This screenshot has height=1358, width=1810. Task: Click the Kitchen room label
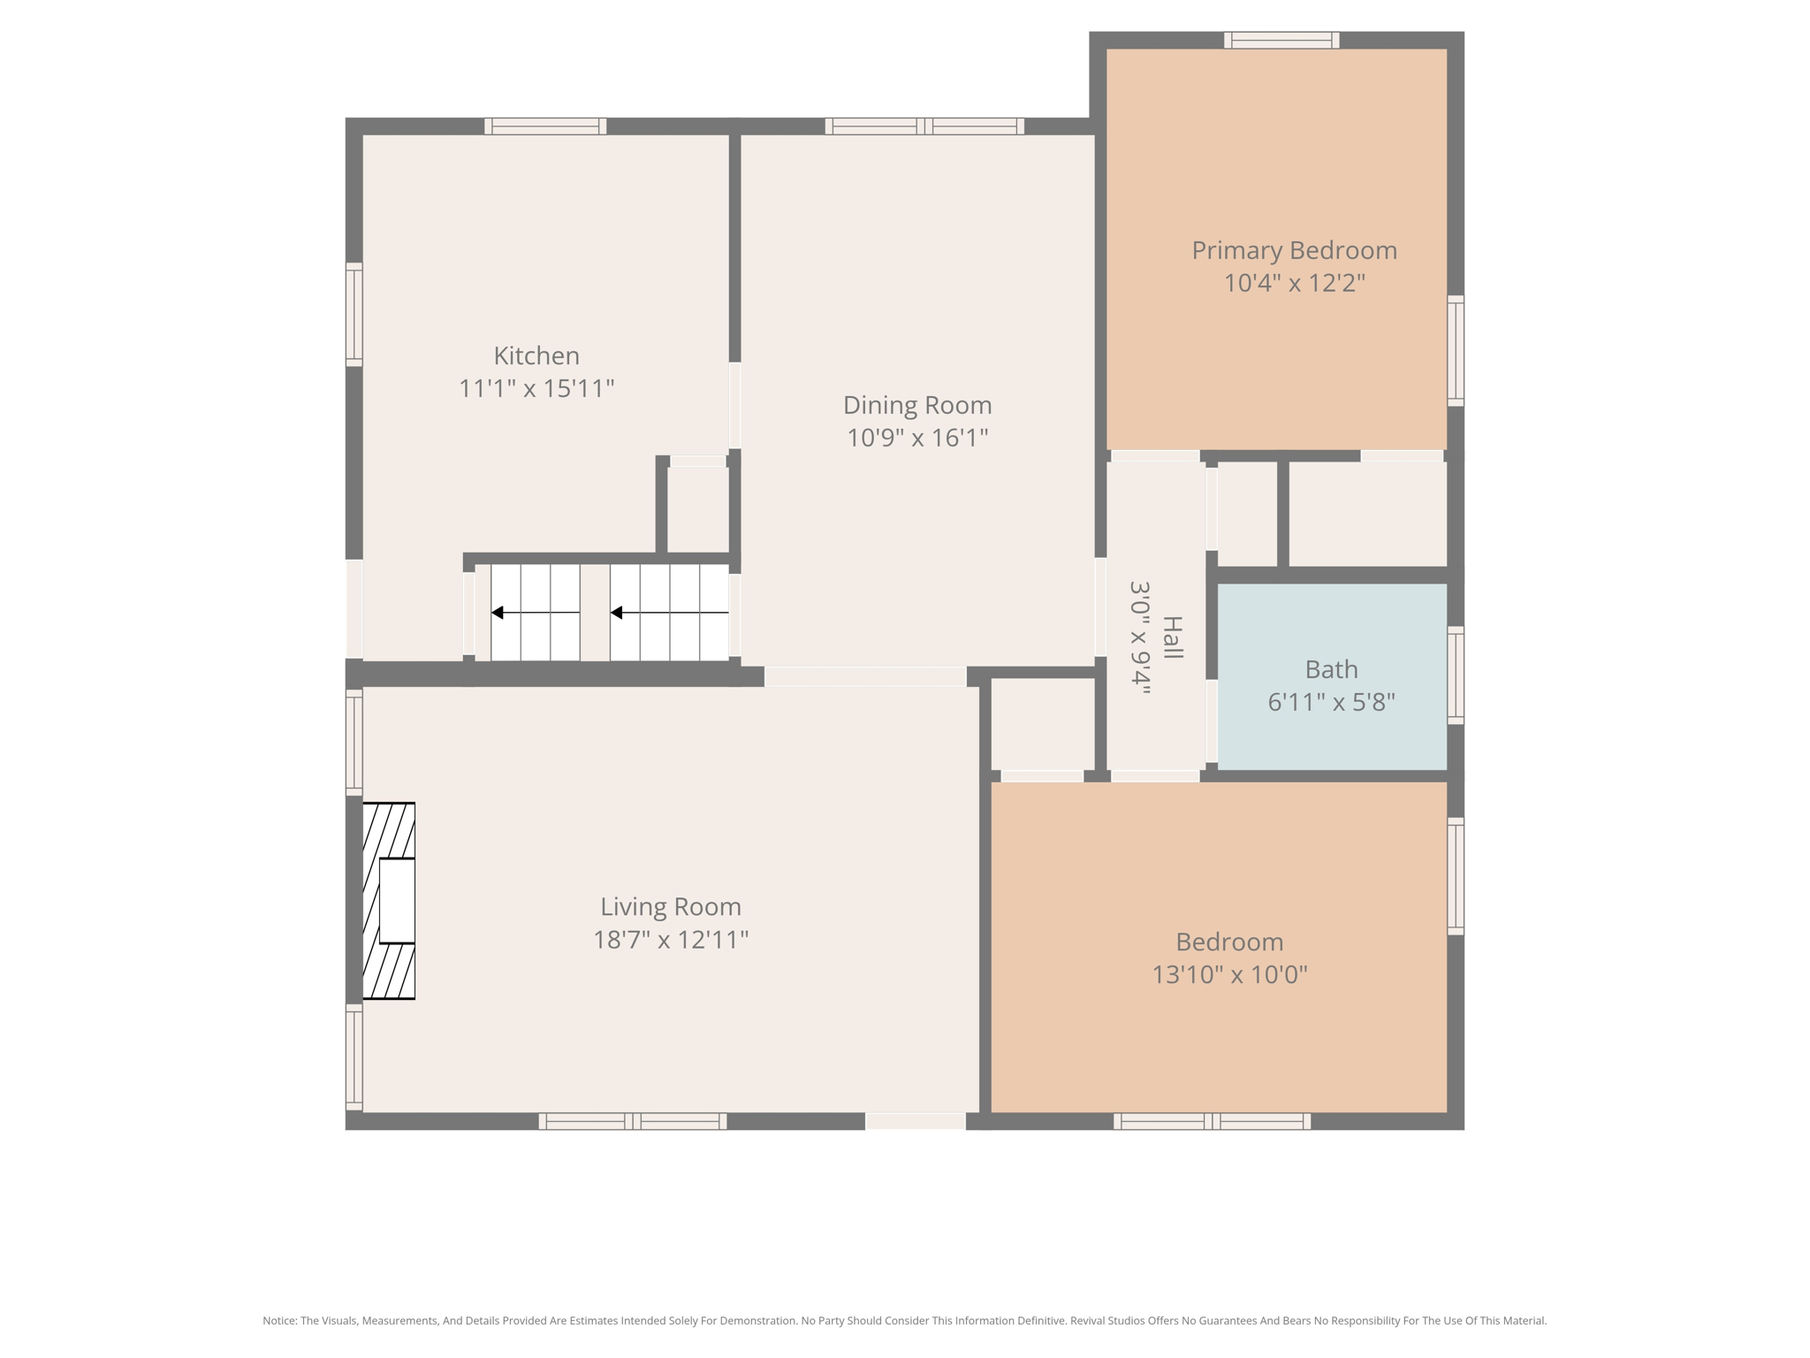tap(536, 355)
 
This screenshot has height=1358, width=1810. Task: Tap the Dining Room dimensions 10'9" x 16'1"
tap(917, 438)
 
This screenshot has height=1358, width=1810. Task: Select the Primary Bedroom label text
tap(1294, 250)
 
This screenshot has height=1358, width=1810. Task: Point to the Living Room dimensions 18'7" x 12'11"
tap(671, 939)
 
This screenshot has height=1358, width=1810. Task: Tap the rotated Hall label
tap(1172, 637)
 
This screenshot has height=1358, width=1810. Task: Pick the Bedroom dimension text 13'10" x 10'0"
tap(1229, 974)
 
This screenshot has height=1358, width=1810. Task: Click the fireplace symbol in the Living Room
tap(389, 901)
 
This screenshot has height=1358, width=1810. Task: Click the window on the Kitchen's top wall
tap(545, 126)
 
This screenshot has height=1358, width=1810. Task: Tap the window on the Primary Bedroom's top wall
tap(1281, 40)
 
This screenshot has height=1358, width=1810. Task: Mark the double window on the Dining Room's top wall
tap(924, 126)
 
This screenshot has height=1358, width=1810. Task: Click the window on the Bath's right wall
tap(1455, 675)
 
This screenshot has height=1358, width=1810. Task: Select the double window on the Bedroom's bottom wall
tap(1212, 1121)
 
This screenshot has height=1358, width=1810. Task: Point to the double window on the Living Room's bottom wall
tap(633, 1121)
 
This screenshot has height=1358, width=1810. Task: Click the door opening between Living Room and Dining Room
tap(864, 676)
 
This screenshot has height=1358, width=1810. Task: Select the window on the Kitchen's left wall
tap(354, 314)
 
